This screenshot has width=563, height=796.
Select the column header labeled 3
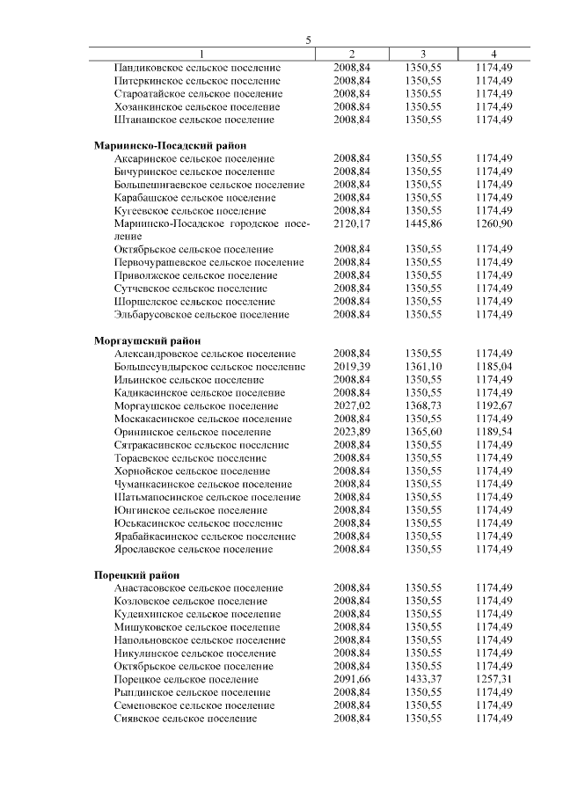click(x=422, y=54)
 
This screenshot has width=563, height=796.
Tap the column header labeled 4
click(x=493, y=54)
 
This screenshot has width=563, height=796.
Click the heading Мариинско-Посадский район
click(x=170, y=145)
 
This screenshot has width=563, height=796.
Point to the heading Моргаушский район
click(x=147, y=340)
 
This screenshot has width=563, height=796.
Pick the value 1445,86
click(x=422, y=223)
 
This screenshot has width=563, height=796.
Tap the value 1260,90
click(x=493, y=223)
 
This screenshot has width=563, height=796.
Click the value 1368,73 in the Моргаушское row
click(x=422, y=405)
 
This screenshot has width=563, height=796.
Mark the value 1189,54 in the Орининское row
click(x=493, y=432)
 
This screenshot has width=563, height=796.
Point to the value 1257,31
click(x=493, y=680)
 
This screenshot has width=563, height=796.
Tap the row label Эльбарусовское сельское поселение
click(x=201, y=314)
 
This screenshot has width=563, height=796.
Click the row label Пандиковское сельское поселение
click(x=198, y=67)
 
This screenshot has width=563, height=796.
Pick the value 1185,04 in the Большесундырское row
click(x=493, y=366)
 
